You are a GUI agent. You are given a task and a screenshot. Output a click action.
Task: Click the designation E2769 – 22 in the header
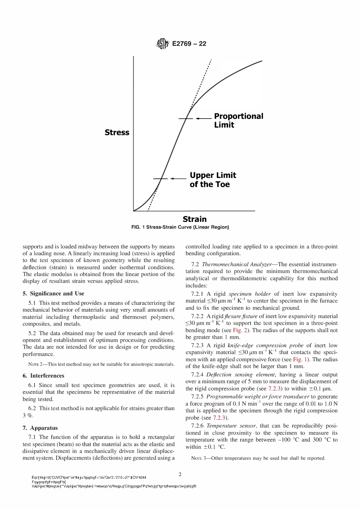coord(189,44)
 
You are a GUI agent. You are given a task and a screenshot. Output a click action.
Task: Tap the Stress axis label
coord(117,132)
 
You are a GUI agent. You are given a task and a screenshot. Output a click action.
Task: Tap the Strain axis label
coord(194,219)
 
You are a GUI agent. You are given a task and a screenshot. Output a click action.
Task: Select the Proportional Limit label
coord(238,120)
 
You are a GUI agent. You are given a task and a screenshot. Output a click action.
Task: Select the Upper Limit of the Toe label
coord(213,180)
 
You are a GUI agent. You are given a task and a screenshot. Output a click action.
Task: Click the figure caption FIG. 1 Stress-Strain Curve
coord(180,227)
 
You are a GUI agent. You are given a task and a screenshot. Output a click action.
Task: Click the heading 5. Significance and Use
coord(53,294)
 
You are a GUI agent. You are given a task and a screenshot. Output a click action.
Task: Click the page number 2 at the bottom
coord(180,474)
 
